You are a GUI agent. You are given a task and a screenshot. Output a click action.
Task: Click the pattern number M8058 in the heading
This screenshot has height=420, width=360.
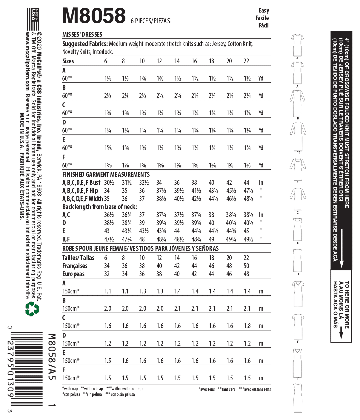94,16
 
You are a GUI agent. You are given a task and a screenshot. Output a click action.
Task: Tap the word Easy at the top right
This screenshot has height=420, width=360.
263,10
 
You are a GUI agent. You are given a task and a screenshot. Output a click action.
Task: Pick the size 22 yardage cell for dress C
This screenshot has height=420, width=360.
247,113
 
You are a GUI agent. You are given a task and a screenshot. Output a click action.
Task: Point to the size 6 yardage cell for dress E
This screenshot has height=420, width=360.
108,148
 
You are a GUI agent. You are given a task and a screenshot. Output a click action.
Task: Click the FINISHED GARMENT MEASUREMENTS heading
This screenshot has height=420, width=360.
106,174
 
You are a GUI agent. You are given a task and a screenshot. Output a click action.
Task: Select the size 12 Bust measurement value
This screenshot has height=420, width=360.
159,183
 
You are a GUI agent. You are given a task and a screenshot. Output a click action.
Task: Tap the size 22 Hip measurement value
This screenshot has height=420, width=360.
248,191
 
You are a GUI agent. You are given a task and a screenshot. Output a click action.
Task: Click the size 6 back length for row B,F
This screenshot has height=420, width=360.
109,239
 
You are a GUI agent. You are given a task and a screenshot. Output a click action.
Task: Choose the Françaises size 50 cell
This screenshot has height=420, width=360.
246,266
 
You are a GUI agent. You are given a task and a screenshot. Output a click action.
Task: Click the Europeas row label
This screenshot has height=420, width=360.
73,274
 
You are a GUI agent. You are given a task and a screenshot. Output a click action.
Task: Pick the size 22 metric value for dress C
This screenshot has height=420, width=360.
247,326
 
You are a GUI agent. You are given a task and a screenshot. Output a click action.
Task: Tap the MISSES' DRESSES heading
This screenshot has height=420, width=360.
82,34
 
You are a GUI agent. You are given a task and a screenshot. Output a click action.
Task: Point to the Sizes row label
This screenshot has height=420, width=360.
68,61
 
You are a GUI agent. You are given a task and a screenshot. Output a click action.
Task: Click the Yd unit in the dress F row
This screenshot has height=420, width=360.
261,165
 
